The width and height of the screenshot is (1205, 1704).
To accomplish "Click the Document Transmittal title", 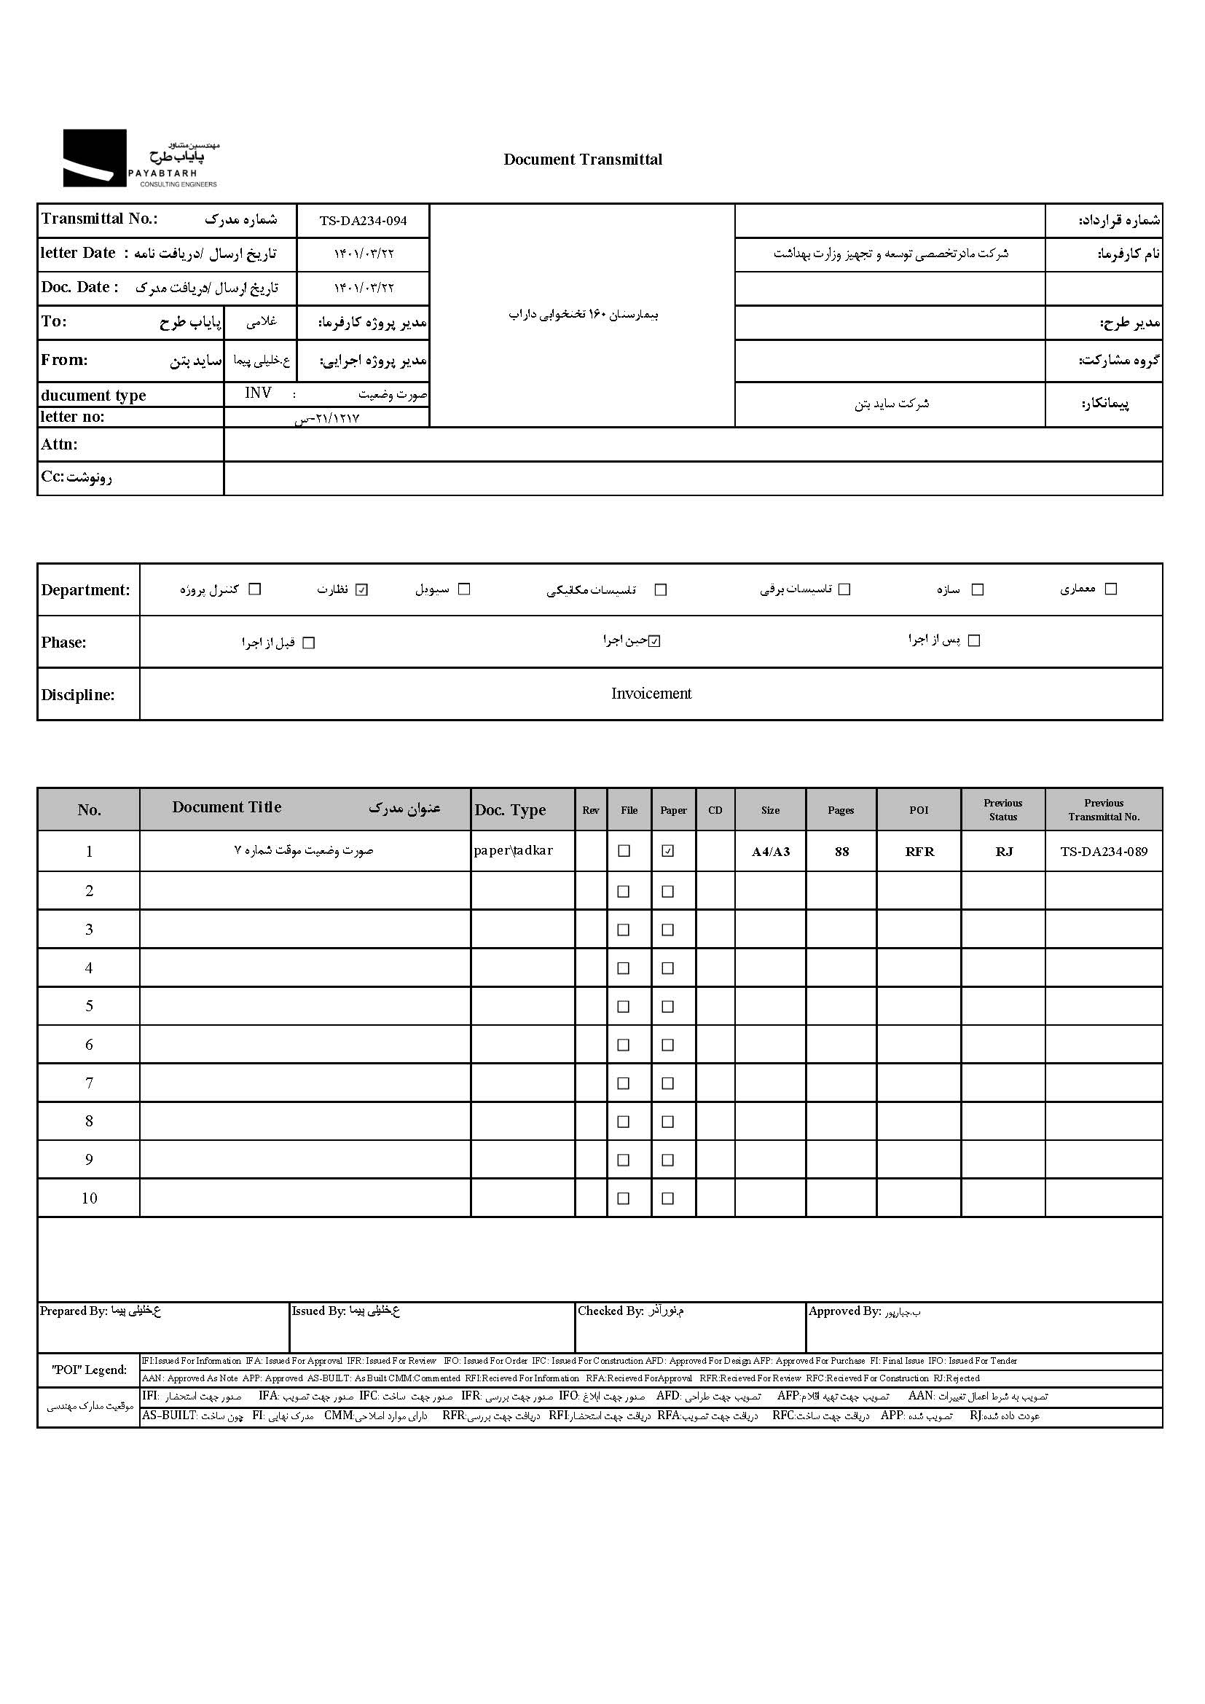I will click(583, 160).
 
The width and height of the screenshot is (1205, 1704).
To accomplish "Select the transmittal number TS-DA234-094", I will click(363, 221).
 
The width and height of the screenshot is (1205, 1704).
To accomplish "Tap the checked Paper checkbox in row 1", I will click(668, 850).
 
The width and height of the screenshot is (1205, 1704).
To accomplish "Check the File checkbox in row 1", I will click(624, 850).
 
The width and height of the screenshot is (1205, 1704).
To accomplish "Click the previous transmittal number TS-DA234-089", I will click(1103, 851).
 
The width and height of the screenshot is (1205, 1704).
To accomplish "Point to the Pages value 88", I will click(841, 851).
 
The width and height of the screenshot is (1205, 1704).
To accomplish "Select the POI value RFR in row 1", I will click(919, 851).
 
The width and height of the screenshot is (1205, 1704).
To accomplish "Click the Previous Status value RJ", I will click(1003, 851).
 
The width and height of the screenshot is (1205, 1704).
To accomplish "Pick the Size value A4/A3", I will click(770, 851).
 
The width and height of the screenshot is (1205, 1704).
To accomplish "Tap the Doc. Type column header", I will click(510, 809).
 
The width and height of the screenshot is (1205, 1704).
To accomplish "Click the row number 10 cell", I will click(89, 1198).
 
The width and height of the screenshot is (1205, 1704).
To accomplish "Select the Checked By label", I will click(610, 1311).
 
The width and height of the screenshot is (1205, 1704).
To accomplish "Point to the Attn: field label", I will click(59, 444).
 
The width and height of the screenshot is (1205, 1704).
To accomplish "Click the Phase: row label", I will click(64, 642).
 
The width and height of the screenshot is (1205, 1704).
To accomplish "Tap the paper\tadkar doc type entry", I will click(514, 850).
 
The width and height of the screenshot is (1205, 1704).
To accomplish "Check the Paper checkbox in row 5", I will click(668, 1006).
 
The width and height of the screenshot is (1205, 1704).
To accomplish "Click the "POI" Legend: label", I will click(89, 1370).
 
